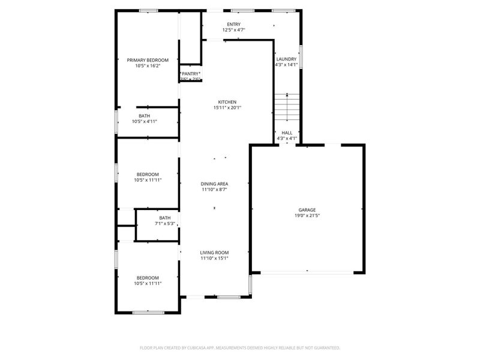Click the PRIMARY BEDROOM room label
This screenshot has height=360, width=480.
(148, 60)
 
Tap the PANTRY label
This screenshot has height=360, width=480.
(191, 74)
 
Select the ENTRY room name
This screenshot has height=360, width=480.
(233, 24)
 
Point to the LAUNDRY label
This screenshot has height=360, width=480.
(286, 59)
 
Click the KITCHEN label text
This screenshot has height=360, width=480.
(227, 102)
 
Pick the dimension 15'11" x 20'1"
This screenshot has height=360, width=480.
(227, 108)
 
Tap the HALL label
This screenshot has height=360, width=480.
(287, 133)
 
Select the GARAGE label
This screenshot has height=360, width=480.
(307, 210)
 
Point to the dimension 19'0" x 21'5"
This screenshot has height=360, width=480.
(307, 216)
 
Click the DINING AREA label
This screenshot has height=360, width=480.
(214, 184)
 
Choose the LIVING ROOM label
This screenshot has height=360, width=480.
(214, 253)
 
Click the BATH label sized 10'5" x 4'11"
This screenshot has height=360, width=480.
(145, 116)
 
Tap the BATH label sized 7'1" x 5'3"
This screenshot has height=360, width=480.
(165, 218)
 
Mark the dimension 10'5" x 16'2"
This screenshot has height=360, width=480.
(148, 65)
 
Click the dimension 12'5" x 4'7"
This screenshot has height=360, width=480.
(233, 29)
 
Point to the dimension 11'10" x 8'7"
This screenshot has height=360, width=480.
(214, 190)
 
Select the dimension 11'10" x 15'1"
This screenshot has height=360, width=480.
(214, 259)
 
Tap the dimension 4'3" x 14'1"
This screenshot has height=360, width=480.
(286, 65)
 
